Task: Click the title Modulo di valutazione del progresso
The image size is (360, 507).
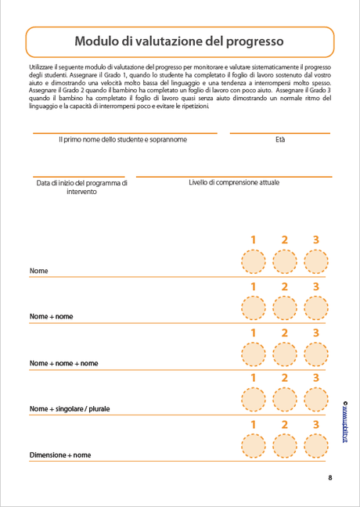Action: point(179,41)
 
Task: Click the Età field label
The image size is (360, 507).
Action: point(280,140)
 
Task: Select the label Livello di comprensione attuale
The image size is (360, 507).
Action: point(233,182)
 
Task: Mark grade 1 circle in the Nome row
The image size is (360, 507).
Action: point(253,262)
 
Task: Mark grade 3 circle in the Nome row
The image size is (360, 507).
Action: point(316,262)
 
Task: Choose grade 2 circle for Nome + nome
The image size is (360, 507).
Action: point(285,308)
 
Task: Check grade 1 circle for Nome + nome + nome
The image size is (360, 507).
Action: point(253,354)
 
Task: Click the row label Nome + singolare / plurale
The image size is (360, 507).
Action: point(70,409)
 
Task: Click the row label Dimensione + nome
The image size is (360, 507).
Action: point(60,455)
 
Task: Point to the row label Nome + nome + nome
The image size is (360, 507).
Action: point(63,363)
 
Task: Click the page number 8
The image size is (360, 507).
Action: point(330,478)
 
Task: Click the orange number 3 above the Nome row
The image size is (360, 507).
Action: point(316,240)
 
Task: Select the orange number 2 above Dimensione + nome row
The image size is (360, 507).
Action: point(285,425)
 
